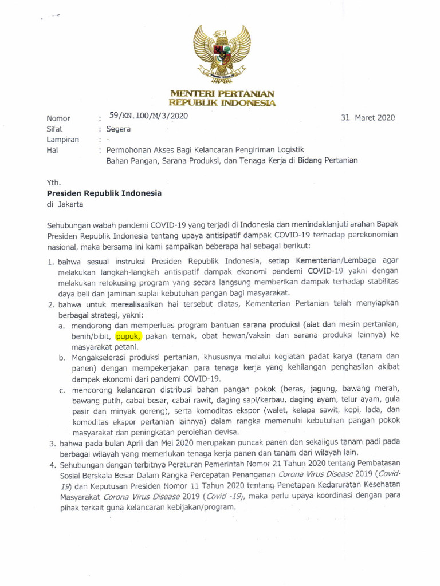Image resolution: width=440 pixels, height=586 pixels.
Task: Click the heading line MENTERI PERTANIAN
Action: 222,94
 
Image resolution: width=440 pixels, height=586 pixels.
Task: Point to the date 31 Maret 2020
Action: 368,117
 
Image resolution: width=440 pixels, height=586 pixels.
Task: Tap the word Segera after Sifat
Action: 119,129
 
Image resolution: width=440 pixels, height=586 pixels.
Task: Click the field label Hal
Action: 53,151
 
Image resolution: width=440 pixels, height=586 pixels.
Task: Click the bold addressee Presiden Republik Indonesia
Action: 104,193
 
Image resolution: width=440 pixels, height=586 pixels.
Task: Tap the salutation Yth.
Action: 54,183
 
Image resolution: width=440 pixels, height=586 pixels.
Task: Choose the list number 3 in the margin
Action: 51,443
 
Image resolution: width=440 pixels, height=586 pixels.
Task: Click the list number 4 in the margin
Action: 51,464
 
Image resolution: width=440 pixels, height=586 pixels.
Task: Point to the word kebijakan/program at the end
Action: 198,508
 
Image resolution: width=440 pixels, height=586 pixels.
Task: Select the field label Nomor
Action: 58,118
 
